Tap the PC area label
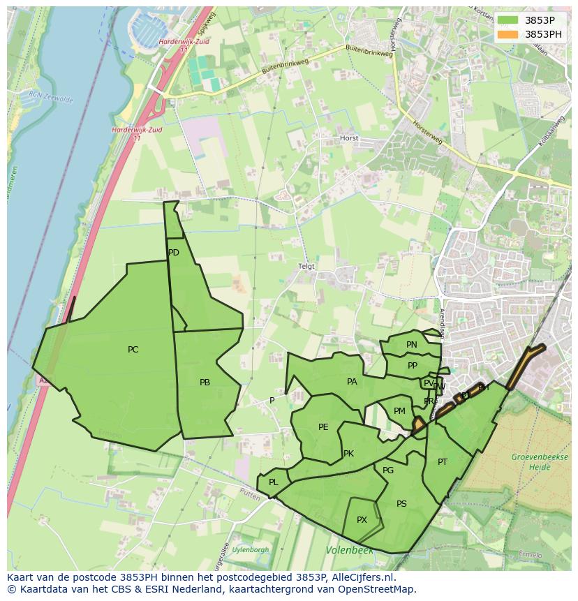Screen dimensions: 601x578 [x=133, y=350]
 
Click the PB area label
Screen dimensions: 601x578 [x=205, y=383]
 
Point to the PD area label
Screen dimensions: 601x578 [x=174, y=253]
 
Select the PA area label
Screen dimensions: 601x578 [x=352, y=382]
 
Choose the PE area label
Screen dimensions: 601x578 [x=323, y=427]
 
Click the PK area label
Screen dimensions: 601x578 [x=348, y=454]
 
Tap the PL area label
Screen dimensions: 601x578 [x=274, y=482]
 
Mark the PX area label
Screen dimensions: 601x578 [x=362, y=520]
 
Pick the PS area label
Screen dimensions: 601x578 [x=401, y=504]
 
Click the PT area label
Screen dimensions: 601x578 [x=443, y=462]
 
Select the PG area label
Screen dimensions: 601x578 [x=388, y=470]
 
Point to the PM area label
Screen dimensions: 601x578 [x=399, y=411]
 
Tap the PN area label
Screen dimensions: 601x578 [x=412, y=345]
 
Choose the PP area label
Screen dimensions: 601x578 [x=413, y=366]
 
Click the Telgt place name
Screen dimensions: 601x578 [x=306, y=267]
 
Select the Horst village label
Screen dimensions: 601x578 [x=349, y=138]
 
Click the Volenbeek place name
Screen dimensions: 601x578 [x=349, y=551]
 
